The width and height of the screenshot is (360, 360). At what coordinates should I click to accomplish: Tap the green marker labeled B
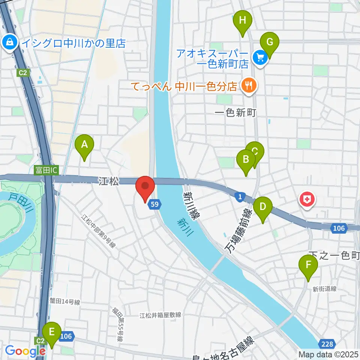click(246, 159)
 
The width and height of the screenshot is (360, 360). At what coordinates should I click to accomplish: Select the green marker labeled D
click(263, 207)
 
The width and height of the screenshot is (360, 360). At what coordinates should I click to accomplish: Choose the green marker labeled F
click(308, 265)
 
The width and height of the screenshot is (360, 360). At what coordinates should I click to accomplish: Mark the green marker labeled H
click(243, 21)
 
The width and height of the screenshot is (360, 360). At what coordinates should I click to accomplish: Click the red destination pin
click(145, 186)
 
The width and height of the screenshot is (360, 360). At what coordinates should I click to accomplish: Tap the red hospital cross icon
click(307, 199)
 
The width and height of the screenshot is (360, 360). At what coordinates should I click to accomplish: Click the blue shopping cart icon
click(259, 57)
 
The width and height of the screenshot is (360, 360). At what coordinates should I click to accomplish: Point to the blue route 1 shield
click(240, 196)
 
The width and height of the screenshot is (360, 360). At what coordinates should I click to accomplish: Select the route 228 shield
click(326, 344)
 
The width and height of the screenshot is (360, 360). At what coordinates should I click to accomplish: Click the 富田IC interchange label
click(46, 170)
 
